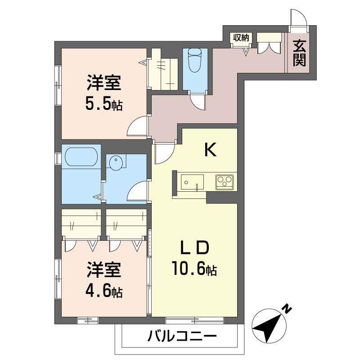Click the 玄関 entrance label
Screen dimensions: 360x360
300,53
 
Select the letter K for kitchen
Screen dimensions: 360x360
210,150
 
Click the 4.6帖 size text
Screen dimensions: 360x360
104,292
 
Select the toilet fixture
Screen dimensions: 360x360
195,61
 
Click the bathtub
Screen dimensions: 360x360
81,157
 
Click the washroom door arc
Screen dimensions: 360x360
138,191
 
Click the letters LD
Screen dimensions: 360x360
195,247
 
